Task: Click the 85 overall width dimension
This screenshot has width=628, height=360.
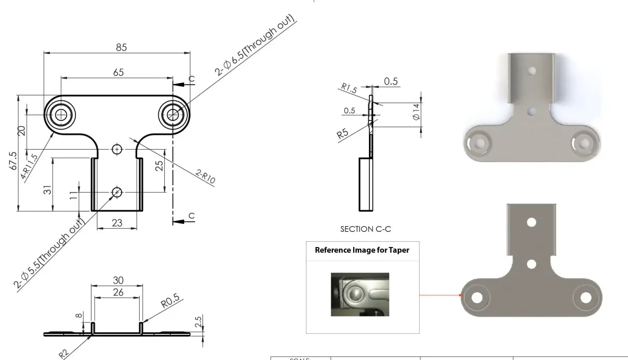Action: (121, 47)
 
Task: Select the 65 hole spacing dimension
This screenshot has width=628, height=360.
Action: (118, 72)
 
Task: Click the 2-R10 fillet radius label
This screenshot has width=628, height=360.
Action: (206, 176)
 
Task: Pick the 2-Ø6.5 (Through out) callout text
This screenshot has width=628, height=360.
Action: (255, 47)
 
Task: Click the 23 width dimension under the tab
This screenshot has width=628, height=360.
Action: (117, 223)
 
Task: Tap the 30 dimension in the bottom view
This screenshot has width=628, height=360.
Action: (118, 280)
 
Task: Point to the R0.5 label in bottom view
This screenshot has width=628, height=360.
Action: (170, 303)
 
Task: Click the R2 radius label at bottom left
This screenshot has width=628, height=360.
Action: (64, 354)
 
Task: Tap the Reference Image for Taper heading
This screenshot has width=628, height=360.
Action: (362, 250)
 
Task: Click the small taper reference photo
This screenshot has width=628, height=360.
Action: (360, 294)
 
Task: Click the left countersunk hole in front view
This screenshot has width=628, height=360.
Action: (61, 115)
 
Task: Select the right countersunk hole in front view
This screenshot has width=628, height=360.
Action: (173, 115)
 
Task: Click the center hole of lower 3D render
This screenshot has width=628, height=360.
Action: (531, 264)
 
